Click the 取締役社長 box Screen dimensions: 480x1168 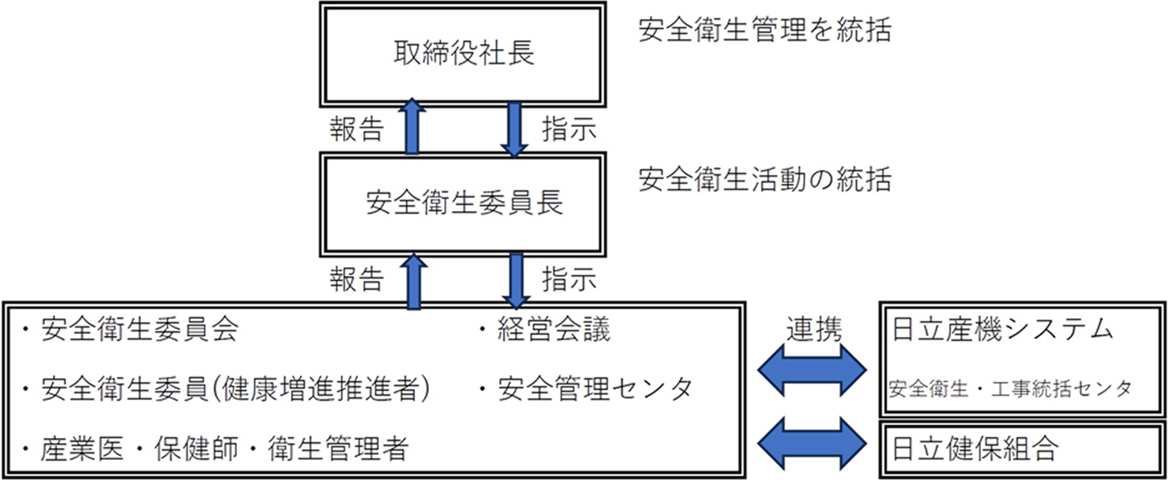463,54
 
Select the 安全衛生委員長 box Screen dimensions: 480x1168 463,203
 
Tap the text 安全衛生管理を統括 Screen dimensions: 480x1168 765,30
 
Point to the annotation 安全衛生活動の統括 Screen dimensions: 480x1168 765,180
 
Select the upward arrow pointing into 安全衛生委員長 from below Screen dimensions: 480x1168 414,281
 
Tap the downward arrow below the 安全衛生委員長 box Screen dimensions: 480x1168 516,280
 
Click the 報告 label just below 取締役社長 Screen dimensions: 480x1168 356,130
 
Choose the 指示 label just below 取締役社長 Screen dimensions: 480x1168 569,130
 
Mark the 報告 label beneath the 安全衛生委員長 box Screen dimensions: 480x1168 356,280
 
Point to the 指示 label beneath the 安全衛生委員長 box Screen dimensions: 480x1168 569,280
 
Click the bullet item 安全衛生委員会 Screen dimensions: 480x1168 139,330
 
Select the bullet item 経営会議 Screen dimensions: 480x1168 553,330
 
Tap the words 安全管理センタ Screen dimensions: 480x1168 595,389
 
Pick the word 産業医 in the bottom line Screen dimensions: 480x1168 82,449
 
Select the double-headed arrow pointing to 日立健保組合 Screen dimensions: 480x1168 812,443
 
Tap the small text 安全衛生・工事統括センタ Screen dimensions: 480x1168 1010,389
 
